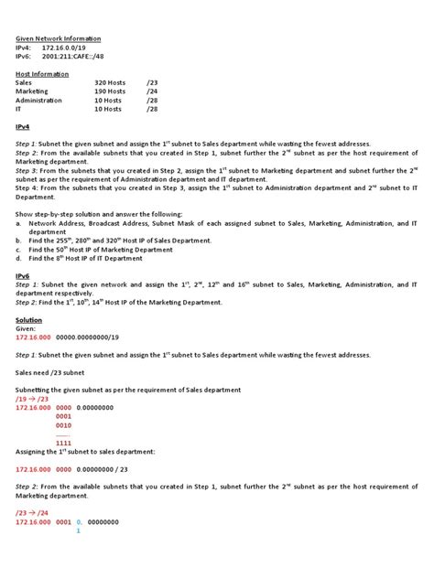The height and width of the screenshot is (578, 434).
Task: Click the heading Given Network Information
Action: pos(58,38)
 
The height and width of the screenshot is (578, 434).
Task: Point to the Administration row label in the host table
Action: pos(38,100)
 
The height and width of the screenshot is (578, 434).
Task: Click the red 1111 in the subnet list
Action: pos(63,443)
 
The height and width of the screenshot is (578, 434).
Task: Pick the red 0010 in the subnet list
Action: pos(63,425)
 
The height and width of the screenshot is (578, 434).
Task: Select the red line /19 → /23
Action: pos(35,399)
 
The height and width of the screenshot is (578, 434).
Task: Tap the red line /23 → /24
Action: pos(35,513)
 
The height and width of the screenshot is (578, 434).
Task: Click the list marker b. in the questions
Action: pos(18,240)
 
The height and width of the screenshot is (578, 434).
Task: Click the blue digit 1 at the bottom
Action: pos(79,530)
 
